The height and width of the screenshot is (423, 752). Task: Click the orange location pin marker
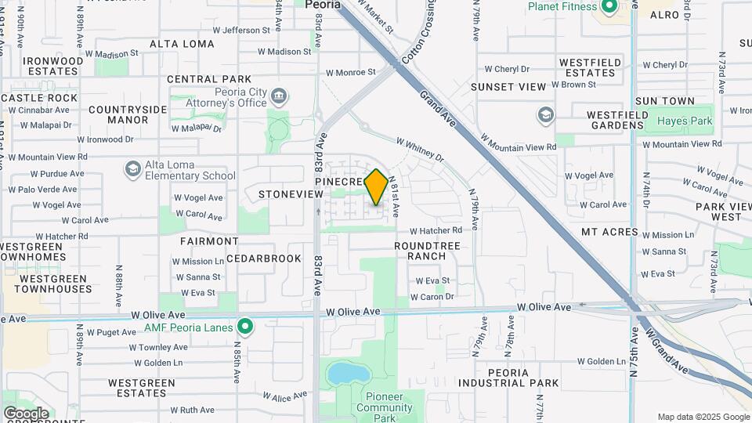coord(376,186)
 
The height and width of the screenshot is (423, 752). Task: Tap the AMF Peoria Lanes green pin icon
coord(245,326)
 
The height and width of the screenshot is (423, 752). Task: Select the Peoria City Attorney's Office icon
coord(278,97)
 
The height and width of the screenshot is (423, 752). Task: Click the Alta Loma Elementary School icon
coord(132,169)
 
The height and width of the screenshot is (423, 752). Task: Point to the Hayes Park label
coord(685,121)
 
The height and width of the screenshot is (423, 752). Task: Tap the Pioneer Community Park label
coord(385,407)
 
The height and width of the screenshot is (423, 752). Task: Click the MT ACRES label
coord(609,233)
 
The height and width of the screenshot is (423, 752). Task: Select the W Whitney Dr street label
coord(420,150)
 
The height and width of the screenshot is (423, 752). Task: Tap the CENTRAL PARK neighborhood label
coord(209,79)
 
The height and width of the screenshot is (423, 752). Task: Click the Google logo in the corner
coord(25,413)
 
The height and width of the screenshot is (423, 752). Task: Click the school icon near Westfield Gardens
coord(546,116)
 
